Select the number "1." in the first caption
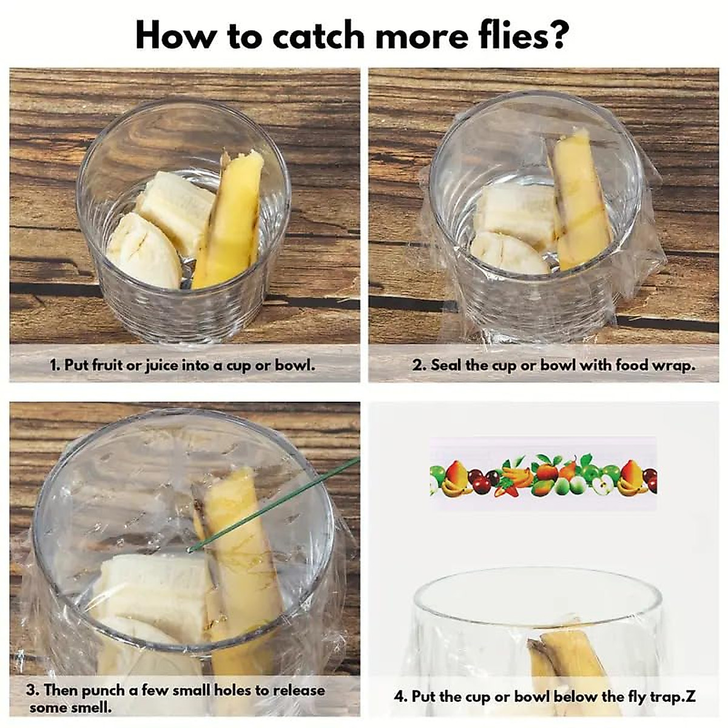click(55, 365)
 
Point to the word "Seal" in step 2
click(446, 365)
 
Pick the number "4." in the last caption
click(401, 696)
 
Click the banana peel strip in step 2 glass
click(579, 200)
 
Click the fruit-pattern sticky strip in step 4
click(543, 474)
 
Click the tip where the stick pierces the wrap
click(190, 550)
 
